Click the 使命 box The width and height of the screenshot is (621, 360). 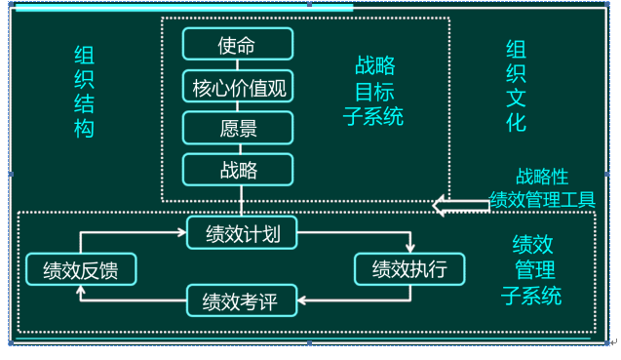click(238, 45)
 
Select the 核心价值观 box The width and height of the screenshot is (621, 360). click(238, 87)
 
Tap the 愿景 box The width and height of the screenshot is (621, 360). click(238, 128)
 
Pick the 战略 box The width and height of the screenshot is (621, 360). click(238, 170)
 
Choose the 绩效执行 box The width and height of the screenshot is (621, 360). click(408, 269)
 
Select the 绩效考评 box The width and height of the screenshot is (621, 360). click(240, 300)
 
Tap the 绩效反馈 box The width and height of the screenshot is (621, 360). click(80, 270)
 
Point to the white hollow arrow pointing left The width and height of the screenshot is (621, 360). click(460, 204)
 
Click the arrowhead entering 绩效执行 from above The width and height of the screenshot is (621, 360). click(410, 248)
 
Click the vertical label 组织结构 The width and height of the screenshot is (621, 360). click(86, 92)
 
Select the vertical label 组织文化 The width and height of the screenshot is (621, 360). click(516, 85)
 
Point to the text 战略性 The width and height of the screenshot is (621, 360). click(541, 176)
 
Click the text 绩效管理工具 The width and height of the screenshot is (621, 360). click(542, 199)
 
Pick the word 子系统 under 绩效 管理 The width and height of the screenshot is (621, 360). click(531, 296)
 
